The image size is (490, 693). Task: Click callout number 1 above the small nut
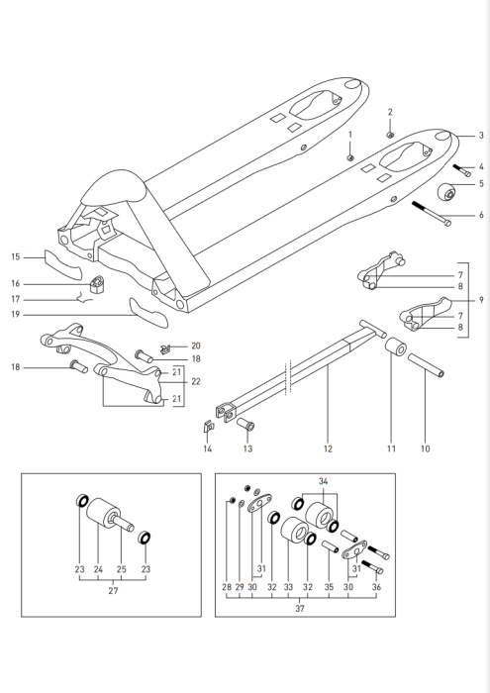348,134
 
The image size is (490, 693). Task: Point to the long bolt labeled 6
431,215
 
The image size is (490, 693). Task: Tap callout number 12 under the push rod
326,449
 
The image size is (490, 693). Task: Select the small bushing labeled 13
245,426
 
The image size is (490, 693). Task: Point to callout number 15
15,257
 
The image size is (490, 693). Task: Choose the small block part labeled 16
99,286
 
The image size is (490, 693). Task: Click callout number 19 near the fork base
15,314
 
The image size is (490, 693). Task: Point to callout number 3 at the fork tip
481,135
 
